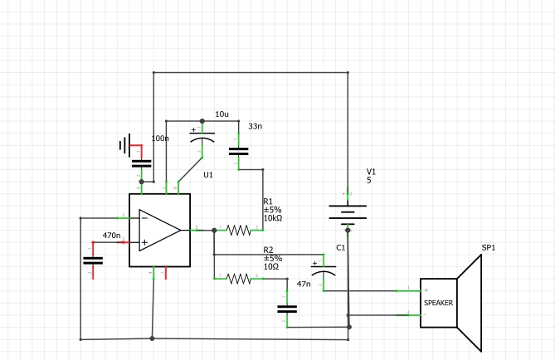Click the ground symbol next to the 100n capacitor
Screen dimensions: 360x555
(125, 146)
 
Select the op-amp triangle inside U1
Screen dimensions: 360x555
(159, 229)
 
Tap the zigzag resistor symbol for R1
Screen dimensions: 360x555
(239, 230)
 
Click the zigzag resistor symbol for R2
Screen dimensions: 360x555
(239, 280)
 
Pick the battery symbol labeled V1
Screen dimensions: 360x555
(347, 214)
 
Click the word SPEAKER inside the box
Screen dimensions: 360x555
(439, 303)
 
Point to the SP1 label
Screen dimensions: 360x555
(489, 248)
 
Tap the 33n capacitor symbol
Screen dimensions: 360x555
(239, 152)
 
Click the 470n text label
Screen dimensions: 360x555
(112, 236)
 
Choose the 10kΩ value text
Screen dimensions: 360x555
(273, 218)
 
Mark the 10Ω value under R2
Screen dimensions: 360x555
(271, 266)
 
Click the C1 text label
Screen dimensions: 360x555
(341, 248)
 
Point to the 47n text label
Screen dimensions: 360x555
(303, 285)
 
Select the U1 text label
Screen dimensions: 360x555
(208, 175)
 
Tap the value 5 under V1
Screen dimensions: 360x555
(369, 180)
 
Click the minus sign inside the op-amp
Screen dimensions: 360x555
(144, 218)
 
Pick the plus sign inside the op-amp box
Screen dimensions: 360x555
(144, 242)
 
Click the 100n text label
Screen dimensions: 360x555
(160, 139)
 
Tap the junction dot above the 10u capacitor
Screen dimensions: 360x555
(202, 120)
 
